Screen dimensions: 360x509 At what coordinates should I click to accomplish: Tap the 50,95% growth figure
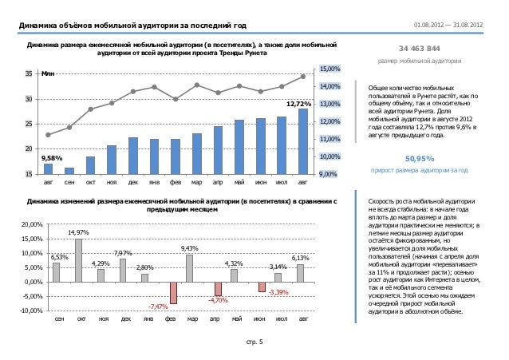pyautogui.click(x=420, y=158)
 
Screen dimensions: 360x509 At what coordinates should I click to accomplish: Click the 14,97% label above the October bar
pyautogui.click(x=78, y=232)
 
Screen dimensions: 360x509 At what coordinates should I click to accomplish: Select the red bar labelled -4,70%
pyautogui.click(x=217, y=289)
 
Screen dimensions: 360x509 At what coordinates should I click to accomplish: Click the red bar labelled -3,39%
pyautogui.click(x=261, y=287)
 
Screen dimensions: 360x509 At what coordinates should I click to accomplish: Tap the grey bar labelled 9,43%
pyautogui.click(x=189, y=268)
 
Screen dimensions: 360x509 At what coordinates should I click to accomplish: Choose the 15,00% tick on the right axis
pyautogui.click(x=330, y=69)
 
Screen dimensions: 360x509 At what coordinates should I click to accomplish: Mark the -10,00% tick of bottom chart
pyautogui.click(x=30, y=311)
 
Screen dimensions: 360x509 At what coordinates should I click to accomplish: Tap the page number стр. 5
pyautogui.click(x=254, y=344)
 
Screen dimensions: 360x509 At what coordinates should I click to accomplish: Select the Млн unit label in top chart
pyautogui.click(x=49, y=73)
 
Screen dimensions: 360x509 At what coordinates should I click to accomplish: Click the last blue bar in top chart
pyautogui.click(x=303, y=140)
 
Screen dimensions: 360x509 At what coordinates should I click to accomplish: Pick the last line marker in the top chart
pyautogui.click(x=303, y=77)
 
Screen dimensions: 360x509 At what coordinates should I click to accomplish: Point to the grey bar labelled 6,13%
pyautogui.click(x=300, y=273)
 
